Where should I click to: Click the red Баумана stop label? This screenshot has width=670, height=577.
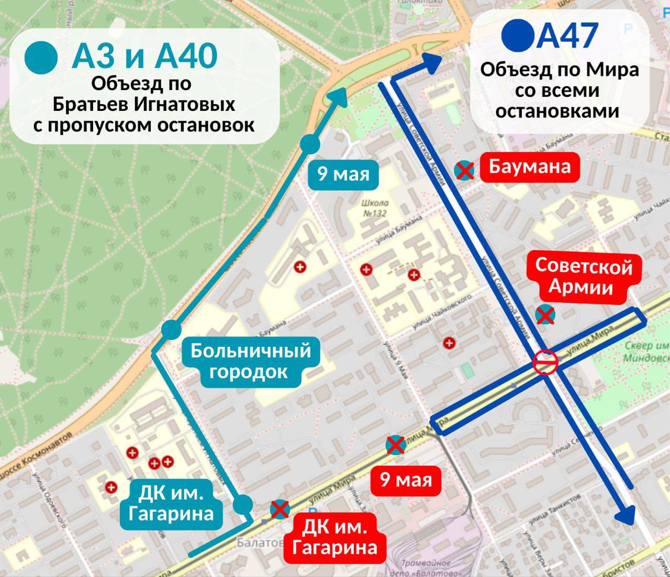pyautogui.click(x=529, y=167)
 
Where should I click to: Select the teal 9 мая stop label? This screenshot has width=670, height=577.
pyautogui.click(x=343, y=174)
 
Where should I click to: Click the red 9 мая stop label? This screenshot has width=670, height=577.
pyautogui.click(x=406, y=480)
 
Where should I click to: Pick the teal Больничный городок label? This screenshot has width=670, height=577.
pyautogui.click(x=250, y=361)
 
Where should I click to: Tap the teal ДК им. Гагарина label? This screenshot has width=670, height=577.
pyautogui.click(x=171, y=503)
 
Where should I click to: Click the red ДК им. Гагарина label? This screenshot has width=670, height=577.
pyautogui.click(x=334, y=537)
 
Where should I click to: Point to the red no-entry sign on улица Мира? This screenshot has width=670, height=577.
pyautogui.click(x=545, y=362)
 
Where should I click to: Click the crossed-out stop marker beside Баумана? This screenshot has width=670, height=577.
pyautogui.click(x=464, y=170)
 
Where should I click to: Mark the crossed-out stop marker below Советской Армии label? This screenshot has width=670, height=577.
pyautogui.click(x=545, y=315)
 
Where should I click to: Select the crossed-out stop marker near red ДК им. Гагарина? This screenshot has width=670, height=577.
pyautogui.click(x=280, y=509)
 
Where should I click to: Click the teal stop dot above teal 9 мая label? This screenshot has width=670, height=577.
pyautogui.click(x=310, y=144)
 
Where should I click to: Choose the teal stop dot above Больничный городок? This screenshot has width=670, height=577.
pyautogui.click(x=171, y=330)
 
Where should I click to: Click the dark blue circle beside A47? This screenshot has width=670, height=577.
pyautogui.click(x=518, y=35)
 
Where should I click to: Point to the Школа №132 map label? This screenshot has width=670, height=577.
pyautogui.click(x=375, y=208)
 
